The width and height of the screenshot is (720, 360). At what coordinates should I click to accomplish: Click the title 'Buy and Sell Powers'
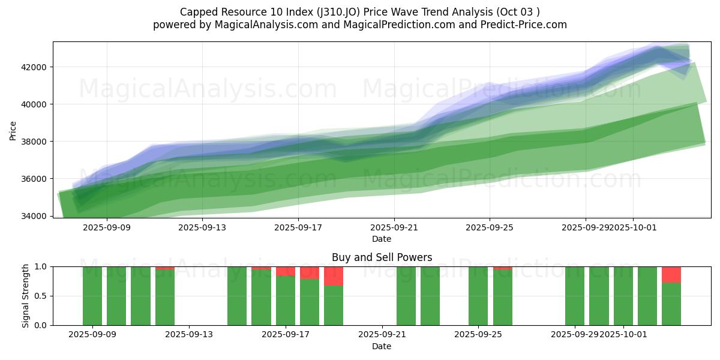382,257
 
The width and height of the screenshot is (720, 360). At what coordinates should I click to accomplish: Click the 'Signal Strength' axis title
25,296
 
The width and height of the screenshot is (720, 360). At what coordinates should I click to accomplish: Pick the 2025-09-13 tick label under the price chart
203,228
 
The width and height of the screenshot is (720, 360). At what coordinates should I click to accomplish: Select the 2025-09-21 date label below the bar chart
382,335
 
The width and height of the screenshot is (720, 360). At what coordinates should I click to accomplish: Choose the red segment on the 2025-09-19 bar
334,276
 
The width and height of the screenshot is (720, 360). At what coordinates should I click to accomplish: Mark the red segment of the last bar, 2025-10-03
671,274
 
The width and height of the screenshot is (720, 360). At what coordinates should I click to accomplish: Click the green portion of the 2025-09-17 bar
286,300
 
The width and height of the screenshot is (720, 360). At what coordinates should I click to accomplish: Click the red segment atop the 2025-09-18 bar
310,272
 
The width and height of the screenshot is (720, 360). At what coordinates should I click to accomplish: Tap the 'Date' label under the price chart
382,239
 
